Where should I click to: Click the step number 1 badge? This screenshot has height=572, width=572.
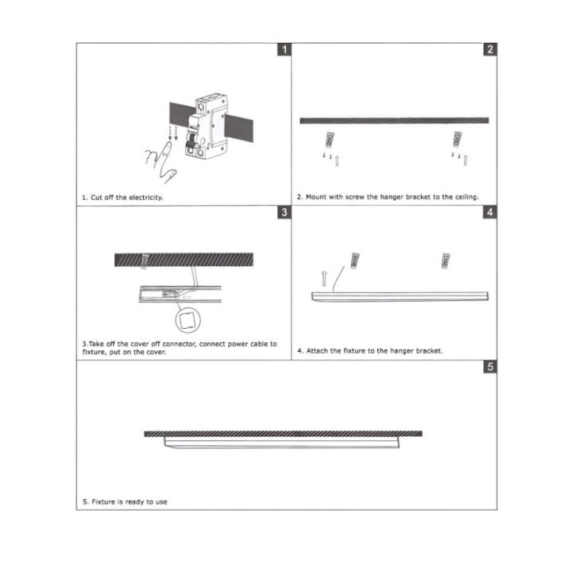click(284, 50)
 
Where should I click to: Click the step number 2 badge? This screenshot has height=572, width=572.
click(490, 50)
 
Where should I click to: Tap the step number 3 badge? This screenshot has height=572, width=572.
click(284, 213)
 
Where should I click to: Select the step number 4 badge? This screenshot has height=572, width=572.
click(490, 213)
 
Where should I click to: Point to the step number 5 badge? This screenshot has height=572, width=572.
click(490, 368)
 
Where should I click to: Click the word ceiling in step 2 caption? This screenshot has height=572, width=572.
click(464, 197)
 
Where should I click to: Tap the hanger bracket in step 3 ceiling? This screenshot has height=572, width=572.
click(145, 259)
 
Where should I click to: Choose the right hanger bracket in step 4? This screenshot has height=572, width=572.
click(446, 259)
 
